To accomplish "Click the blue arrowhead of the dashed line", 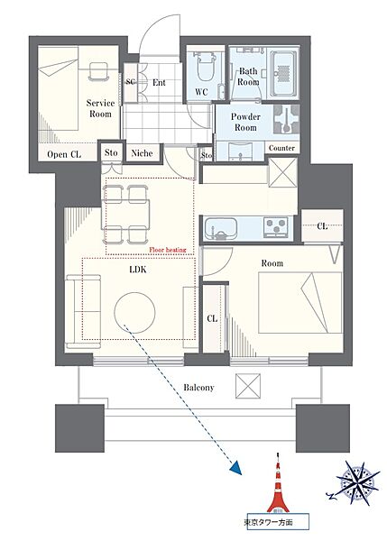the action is [235, 468].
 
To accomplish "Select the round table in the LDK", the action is [134, 313].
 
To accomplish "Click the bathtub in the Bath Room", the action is [283, 75].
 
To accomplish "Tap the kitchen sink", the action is [221, 228].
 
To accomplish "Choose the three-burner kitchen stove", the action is [276, 227].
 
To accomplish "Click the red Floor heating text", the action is [168, 250].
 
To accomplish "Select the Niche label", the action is [143, 153].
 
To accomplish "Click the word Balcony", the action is [198, 388].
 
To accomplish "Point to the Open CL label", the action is [64, 154].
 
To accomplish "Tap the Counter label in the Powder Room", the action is [281, 148].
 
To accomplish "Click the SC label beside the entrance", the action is [130, 82].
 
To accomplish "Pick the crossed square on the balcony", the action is [248, 386].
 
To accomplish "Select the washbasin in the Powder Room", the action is [240, 151].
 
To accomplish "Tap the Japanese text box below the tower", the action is [276, 522].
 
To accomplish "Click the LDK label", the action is [138, 270].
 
